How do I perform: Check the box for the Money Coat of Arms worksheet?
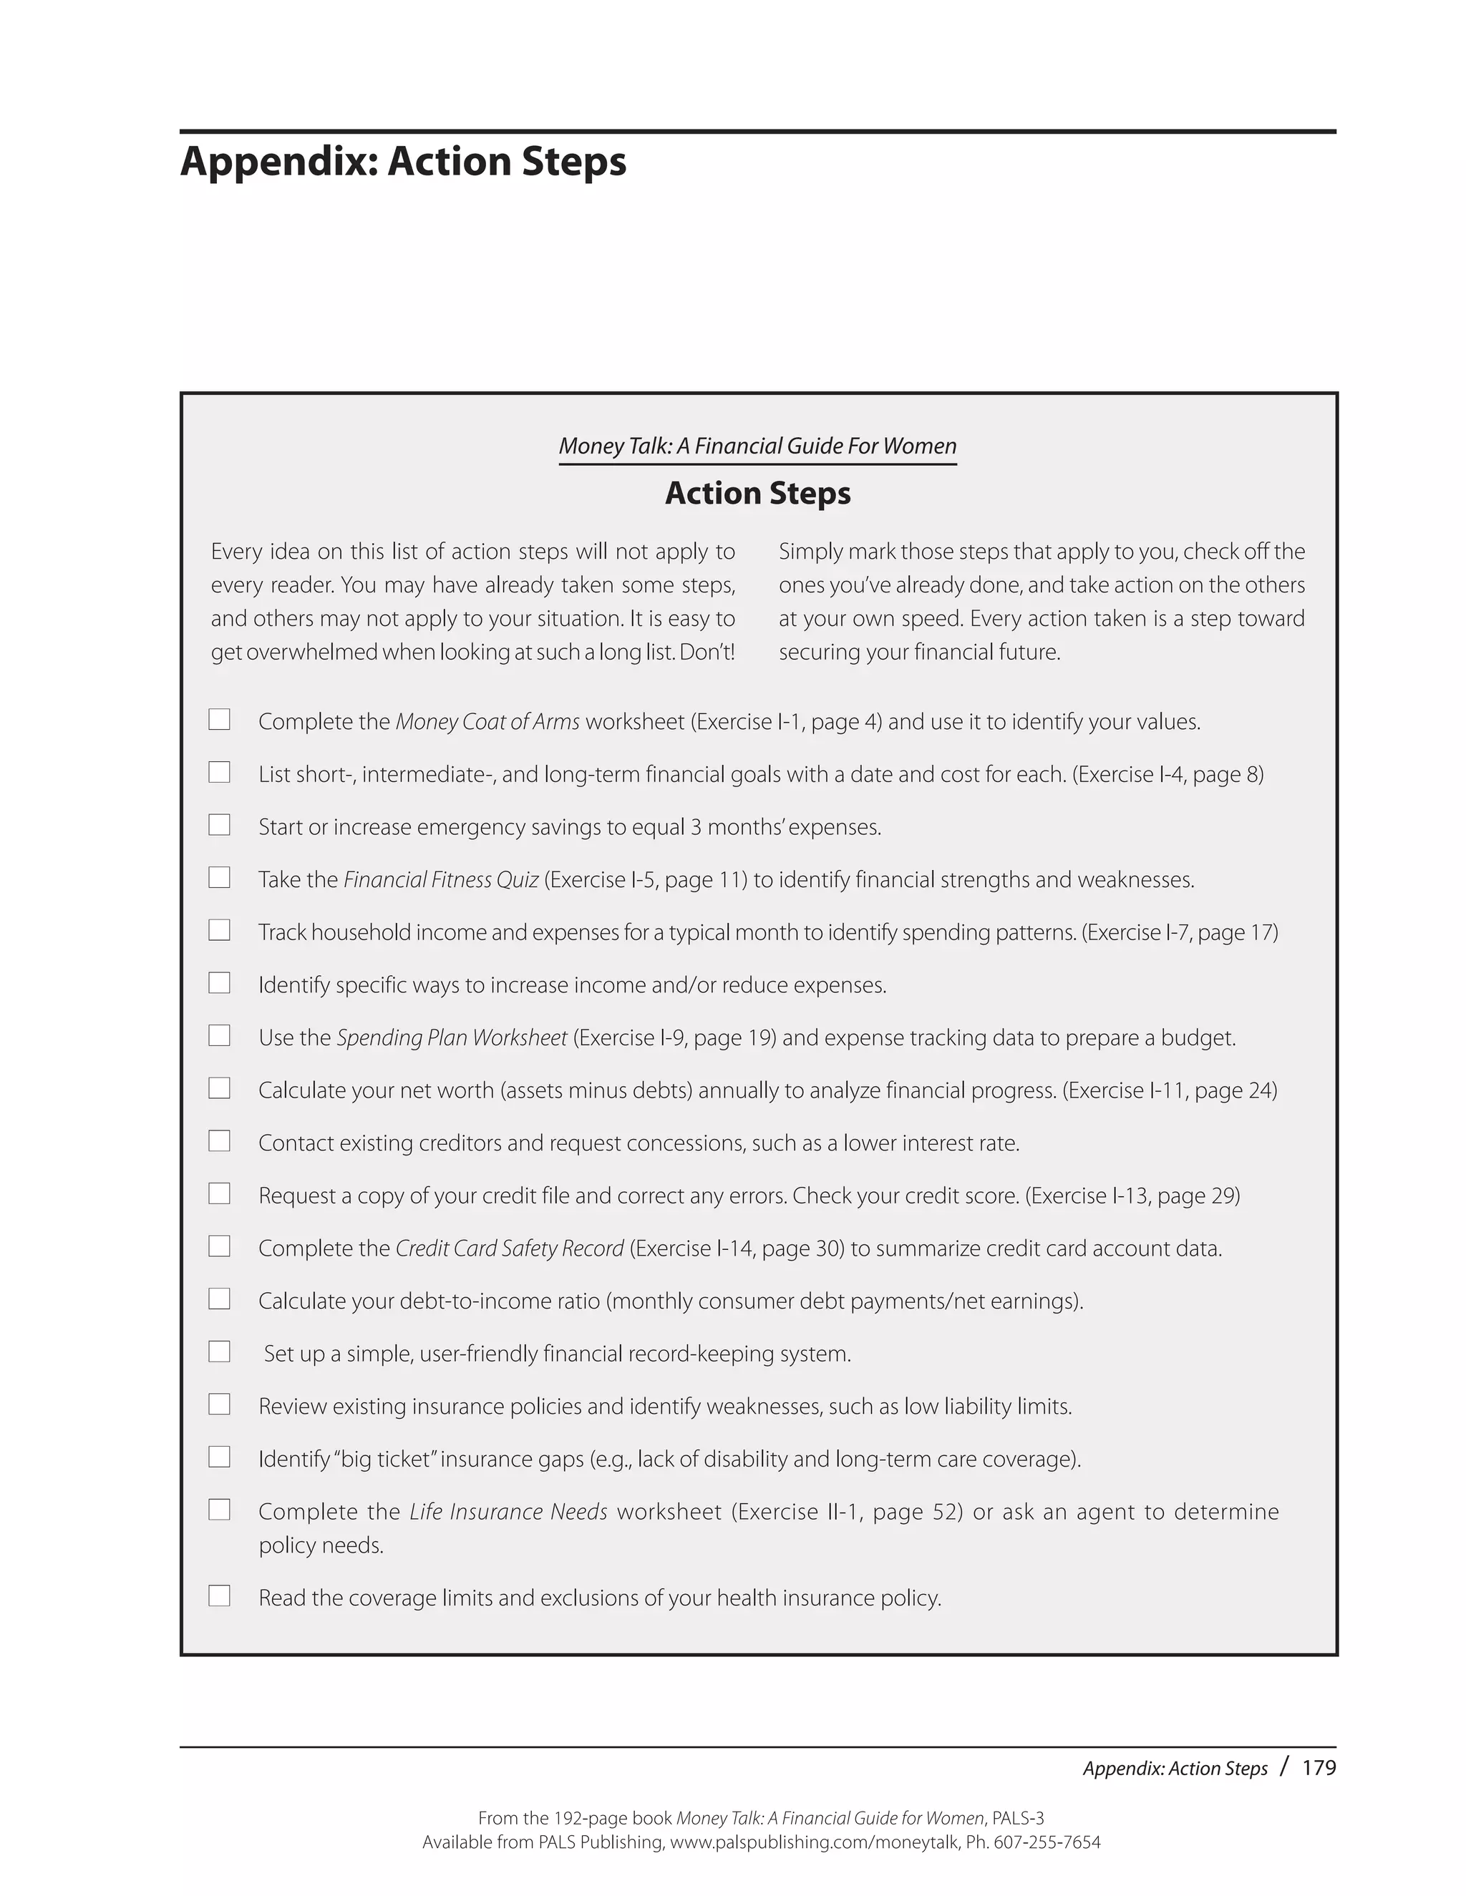(x=219, y=720)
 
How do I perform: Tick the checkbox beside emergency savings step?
(x=219, y=825)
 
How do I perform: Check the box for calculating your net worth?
(x=219, y=1088)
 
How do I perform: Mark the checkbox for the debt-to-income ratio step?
(x=219, y=1299)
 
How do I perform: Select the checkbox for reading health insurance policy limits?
(x=219, y=1596)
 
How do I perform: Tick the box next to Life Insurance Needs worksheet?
(x=219, y=1510)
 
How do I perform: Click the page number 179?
(x=1319, y=1767)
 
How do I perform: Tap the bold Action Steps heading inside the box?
(x=757, y=493)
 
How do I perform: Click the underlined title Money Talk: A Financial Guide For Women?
(x=757, y=446)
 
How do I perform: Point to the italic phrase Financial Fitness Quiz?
(x=441, y=880)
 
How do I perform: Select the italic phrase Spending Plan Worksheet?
(x=452, y=1038)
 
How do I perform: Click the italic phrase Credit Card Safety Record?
(x=510, y=1248)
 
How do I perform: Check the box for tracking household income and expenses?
(x=219, y=930)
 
